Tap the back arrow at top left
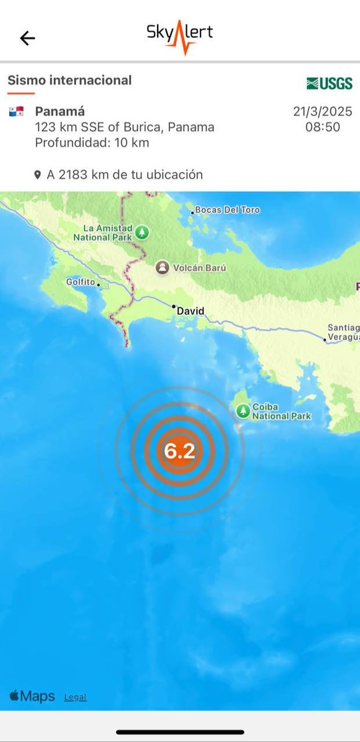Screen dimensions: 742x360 pos(27,38)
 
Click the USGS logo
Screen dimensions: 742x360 pos(329,83)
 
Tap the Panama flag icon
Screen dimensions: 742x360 pos(16,112)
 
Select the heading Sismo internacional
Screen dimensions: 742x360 pos(69,80)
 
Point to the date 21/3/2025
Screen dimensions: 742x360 pos(322,112)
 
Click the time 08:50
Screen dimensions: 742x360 pos(322,127)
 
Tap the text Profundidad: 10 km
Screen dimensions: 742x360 pos(92,143)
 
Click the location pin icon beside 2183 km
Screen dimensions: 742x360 pos(38,176)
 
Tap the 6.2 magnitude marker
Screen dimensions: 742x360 pos(179,451)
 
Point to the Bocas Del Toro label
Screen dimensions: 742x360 pos(227,210)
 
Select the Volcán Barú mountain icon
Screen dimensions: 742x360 pos(162,268)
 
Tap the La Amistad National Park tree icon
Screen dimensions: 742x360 pos(143,232)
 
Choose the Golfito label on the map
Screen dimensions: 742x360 pos(80,282)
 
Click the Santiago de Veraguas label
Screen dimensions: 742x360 pos(343,332)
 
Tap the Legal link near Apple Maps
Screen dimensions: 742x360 pos(75,697)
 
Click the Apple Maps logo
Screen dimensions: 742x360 pos(32,696)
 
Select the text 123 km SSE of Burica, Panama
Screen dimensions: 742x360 pos(124,127)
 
